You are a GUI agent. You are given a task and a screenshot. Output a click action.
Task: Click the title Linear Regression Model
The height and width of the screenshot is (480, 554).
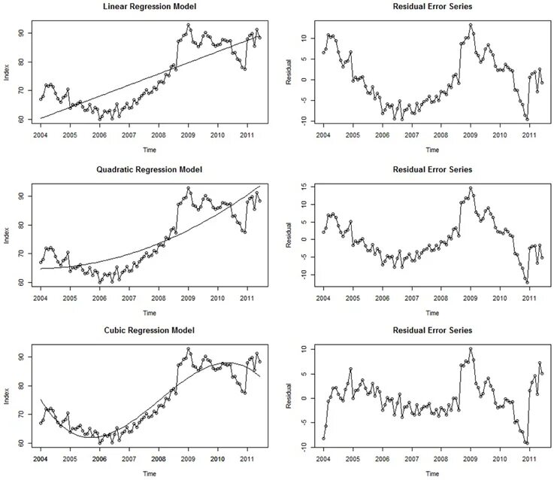point(149,7)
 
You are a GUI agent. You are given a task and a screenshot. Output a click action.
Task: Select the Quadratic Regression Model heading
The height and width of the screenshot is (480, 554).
point(149,169)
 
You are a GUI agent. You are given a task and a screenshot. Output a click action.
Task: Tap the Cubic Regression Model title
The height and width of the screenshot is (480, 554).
point(149,331)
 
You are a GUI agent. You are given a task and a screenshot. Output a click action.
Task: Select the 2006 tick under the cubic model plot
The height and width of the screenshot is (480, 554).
point(99,458)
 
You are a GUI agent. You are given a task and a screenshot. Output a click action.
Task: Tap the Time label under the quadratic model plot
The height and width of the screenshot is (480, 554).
point(149,312)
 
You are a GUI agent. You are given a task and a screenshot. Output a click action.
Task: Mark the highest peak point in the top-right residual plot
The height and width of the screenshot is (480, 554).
point(471,25)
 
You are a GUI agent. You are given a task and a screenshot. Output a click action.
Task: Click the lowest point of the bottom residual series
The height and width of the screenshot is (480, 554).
point(528,444)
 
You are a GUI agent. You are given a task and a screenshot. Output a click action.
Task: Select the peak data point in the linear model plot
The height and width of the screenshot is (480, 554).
point(189,25)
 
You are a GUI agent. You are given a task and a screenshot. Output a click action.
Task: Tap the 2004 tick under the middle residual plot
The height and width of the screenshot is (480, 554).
point(323,296)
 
